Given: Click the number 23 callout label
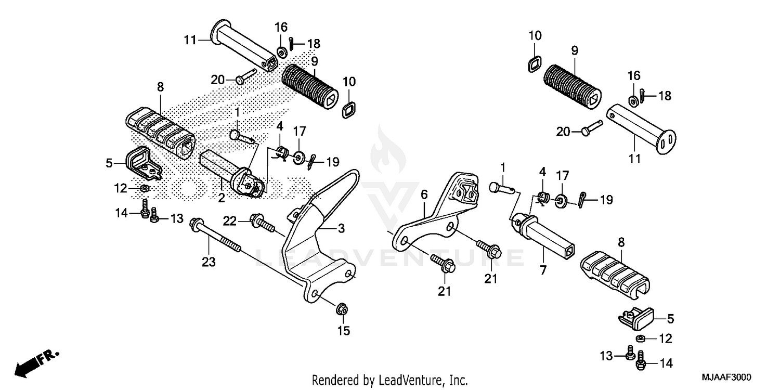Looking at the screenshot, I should [209, 263].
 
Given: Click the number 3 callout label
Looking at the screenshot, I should [341, 229].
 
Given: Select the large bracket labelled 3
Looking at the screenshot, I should [312, 244].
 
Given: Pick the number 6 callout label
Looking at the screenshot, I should [424, 196].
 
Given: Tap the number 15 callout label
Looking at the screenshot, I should [344, 331].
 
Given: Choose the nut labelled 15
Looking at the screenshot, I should [342, 309].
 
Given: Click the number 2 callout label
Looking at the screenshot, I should [221, 198].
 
